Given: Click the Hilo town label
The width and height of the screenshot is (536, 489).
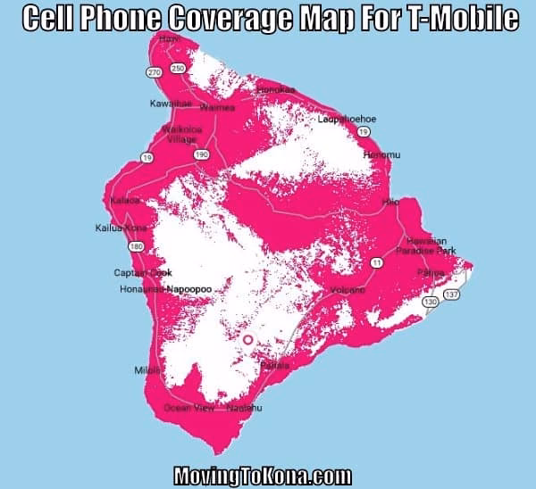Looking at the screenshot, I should click(x=389, y=203).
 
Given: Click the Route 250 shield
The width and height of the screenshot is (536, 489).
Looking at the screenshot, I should click(x=178, y=69).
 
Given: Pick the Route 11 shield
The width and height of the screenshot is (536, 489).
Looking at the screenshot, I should click(x=377, y=262).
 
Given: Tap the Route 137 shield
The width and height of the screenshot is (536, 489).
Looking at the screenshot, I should click(x=452, y=294).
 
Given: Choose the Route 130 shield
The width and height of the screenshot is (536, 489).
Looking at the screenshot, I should click(x=431, y=303).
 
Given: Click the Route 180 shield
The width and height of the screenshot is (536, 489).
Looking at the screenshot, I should click(x=136, y=245).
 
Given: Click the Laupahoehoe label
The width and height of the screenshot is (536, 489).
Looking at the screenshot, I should click(x=347, y=119).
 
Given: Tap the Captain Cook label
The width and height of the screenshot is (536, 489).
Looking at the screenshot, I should click(x=142, y=272).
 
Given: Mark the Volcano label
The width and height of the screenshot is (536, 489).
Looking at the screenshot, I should click(x=348, y=290).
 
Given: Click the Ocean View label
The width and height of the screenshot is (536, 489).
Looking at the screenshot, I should click(x=189, y=408).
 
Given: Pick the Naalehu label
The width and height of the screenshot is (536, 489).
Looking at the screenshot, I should click(x=244, y=408).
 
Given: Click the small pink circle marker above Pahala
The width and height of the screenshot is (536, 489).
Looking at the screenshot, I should click(x=247, y=340).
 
